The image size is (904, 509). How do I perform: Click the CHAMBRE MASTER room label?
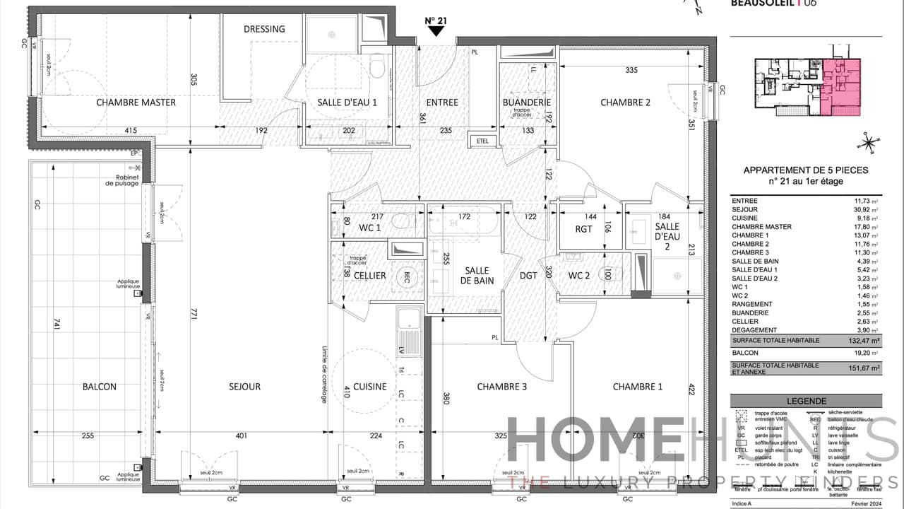tap(136, 103)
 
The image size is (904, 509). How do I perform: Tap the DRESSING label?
tap(264, 29)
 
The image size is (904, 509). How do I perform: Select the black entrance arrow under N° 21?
tap(436, 31)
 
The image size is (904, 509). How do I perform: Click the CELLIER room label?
tap(369, 275)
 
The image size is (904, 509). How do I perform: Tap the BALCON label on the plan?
tap(99, 387)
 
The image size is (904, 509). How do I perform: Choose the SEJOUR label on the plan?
tap(244, 387)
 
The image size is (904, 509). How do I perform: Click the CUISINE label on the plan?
tap(369, 387)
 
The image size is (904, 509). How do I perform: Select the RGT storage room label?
tap(583, 228)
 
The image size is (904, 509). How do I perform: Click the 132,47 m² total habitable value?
tap(865, 341)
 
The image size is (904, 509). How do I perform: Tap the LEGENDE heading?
tap(805, 401)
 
